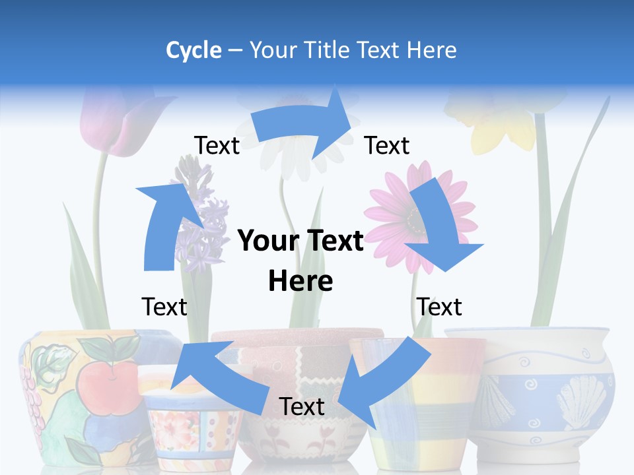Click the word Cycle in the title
pos(194,50)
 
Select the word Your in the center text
pos(265,241)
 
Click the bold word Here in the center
pos(300,281)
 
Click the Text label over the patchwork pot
pos(302,407)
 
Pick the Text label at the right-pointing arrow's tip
pos(387,146)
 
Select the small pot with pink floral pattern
pos(188,422)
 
